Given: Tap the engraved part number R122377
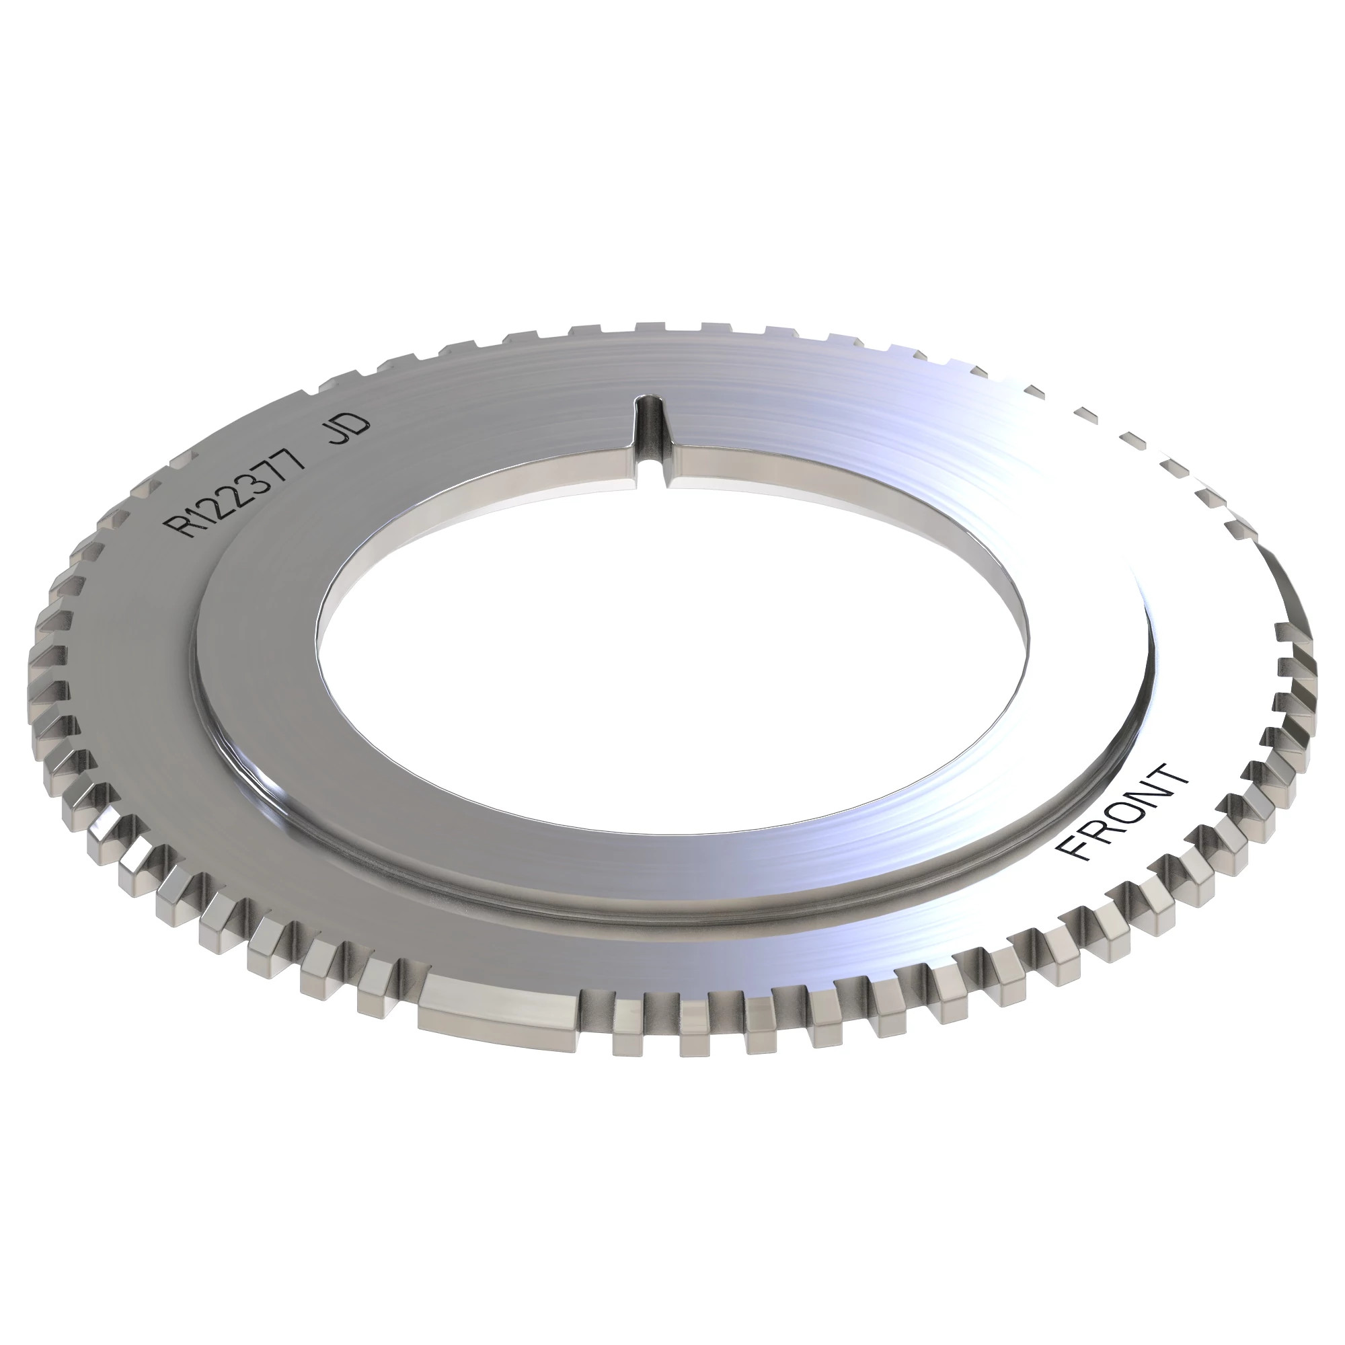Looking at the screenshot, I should click(x=237, y=490).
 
